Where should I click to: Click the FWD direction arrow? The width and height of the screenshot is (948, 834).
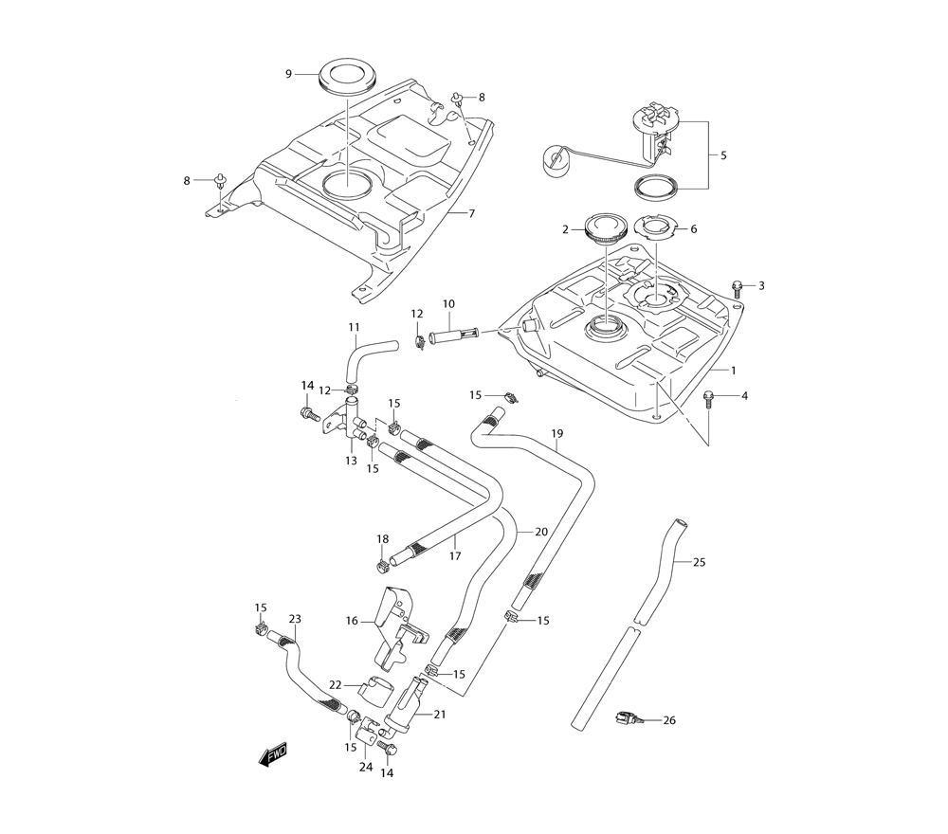tap(272, 754)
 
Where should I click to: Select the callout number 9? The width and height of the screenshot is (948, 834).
tap(288, 74)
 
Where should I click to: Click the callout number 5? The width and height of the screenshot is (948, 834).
tap(723, 155)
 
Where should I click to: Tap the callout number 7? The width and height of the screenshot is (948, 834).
tap(471, 213)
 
